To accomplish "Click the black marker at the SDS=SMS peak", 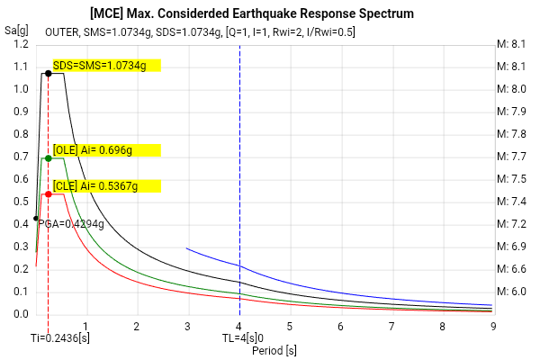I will point(48,73).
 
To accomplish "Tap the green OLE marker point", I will point(48,157).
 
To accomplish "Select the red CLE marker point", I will point(48,193).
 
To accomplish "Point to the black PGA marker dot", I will point(36,218).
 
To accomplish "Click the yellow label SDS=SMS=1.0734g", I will point(106,65).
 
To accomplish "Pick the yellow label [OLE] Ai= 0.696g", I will point(106,149).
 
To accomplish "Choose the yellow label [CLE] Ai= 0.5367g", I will point(106,185).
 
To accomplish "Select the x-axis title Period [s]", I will point(274,349).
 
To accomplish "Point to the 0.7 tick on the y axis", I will point(20,157).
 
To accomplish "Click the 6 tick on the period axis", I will point(341,326).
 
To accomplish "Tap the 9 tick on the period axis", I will point(494,326).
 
